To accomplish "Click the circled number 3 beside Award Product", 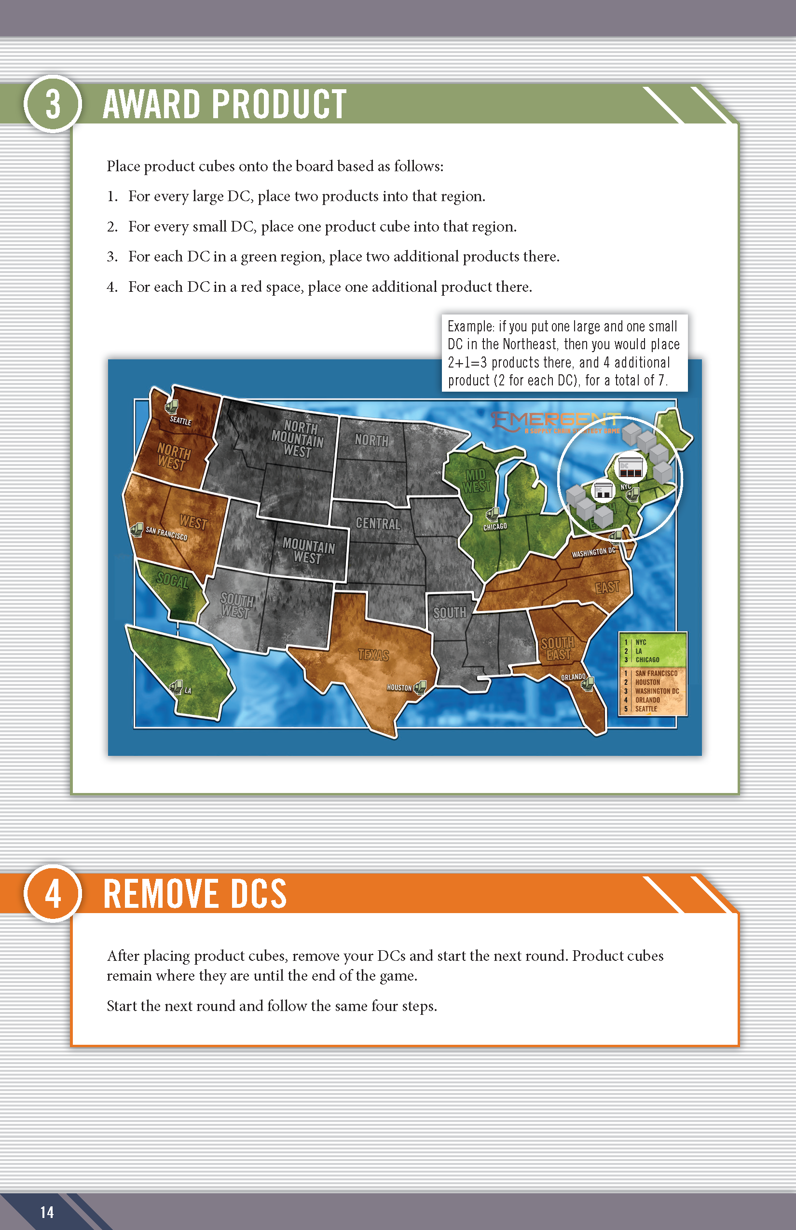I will point(53,104).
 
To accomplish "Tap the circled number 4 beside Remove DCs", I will point(53,893).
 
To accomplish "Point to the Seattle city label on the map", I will point(180,421).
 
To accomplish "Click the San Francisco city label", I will point(166,533).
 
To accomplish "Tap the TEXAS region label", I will point(373,655).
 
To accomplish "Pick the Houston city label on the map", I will point(399,687).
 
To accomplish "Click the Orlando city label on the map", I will point(573,677).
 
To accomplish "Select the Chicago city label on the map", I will point(494,527).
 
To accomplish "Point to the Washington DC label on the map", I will point(593,552).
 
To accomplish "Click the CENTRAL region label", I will point(378,523).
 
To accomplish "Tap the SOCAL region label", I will point(173,581).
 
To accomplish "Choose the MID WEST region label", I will point(476,480).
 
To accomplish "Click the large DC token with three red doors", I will point(631,468).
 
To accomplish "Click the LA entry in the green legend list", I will point(639,651).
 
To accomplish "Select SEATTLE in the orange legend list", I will point(646,709).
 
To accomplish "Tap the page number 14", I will point(47,1212).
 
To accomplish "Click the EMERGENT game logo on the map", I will point(556,422).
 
